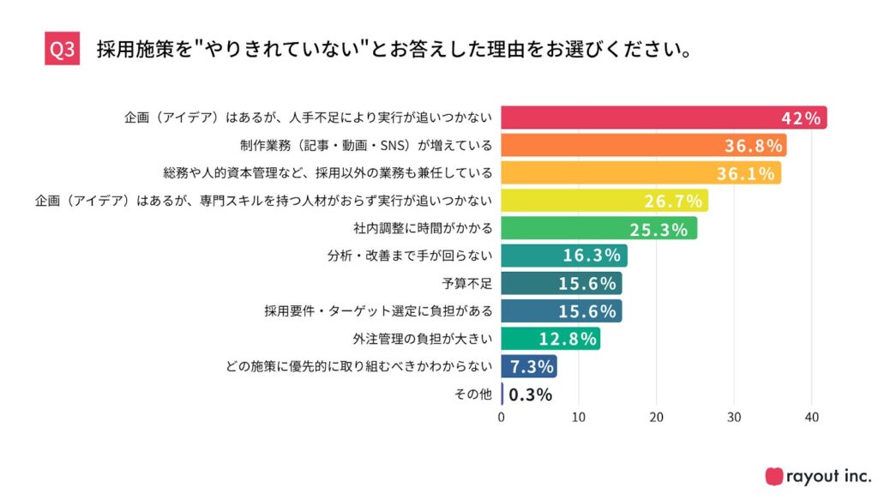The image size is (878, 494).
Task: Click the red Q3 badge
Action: (62, 50)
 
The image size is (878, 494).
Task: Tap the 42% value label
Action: (802, 118)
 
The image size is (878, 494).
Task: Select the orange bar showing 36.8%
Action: (643, 146)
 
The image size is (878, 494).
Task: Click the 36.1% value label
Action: (749, 173)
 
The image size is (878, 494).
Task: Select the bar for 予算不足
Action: (562, 284)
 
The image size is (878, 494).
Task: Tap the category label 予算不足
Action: (467, 284)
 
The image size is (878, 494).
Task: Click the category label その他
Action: (472, 395)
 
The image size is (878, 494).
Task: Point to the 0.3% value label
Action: (530, 395)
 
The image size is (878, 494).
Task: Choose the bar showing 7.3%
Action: (529, 367)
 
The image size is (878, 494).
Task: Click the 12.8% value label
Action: (568, 339)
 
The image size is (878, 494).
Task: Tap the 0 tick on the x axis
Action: (502, 418)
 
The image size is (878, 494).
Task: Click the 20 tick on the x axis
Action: (657, 418)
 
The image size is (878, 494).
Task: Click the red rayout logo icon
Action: (774, 476)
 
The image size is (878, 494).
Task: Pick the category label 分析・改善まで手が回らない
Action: (410, 256)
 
